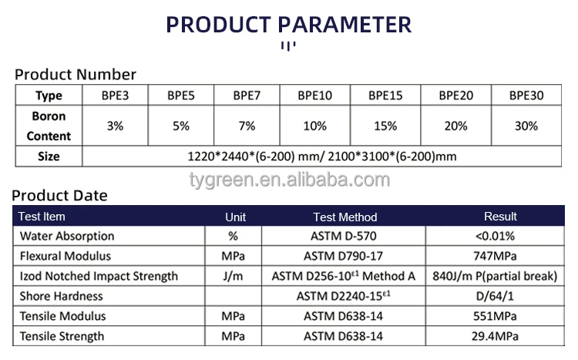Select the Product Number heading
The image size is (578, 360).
tap(76, 74)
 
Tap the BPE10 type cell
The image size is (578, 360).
tap(314, 96)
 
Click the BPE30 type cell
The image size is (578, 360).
tap(526, 96)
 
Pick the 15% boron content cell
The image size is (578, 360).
tap(385, 126)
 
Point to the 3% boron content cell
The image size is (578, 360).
tap(116, 126)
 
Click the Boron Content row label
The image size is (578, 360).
tap(49, 126)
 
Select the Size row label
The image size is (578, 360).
tap(49, 156)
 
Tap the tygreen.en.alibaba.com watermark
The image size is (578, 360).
tap(290, 180)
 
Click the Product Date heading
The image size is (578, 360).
tap(59, 196)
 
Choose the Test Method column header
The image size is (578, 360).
tap(345, 217)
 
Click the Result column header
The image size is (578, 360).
tap(500, 217)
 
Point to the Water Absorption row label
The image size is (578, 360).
tap(67, 236)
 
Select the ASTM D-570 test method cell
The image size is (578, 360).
tap(345, 236)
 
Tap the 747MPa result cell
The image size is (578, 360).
tap(496, 256)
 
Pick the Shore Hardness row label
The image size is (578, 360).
tap(62, 296)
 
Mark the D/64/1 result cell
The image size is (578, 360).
tap(496, 296)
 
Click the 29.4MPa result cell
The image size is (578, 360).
tap(496, 336)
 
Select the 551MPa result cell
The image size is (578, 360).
tap(496, 316)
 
